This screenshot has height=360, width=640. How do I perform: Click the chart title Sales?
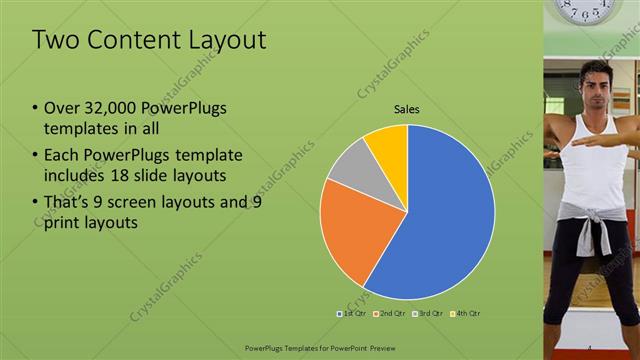click(x=407, y=109)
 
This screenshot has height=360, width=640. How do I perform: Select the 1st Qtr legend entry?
click(x=351, y=313)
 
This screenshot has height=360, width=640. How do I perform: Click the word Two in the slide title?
click(x=56, y=40)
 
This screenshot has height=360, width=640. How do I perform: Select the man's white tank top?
click(x=595, y=150)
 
